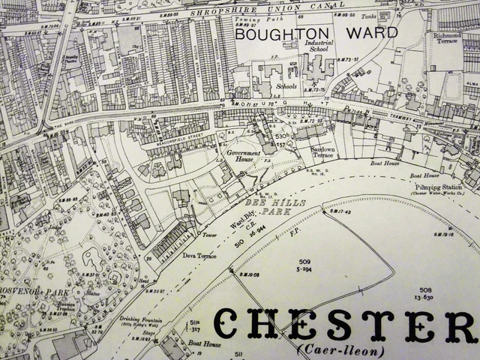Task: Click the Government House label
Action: click(243, 154)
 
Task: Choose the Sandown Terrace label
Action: click(323, 151)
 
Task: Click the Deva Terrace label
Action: click(199, 256)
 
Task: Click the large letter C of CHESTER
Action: click(232, 323)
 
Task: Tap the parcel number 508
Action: click(426, 289)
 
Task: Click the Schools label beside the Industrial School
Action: click(286, 86)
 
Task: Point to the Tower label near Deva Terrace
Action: click(210, 234)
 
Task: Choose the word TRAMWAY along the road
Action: click(386, 116)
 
